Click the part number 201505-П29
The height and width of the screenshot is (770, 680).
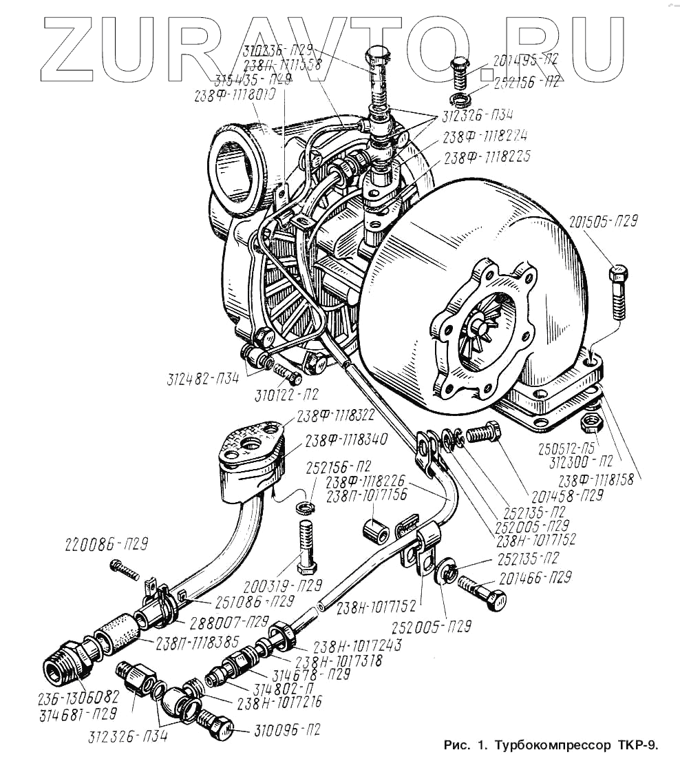604,222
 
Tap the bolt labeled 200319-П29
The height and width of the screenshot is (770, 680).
306,546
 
